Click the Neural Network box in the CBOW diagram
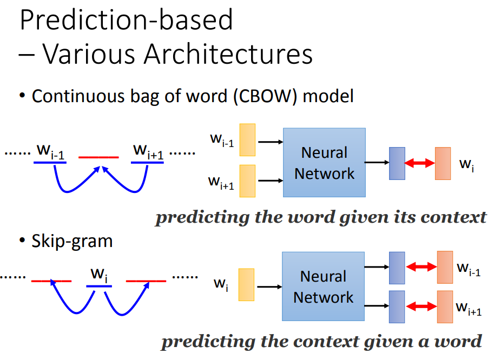tap(324, 162)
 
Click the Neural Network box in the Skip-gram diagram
tap(323, 286)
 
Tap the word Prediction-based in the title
tap(126, 19)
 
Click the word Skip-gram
tap(72, 241)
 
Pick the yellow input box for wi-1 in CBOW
tap(247, 139)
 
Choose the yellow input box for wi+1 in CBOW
tap(247, 181)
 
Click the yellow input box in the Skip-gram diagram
tap(247, 284)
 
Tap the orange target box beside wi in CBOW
tap(443, 163)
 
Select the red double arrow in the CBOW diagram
tap(420, 163)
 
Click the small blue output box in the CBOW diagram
tap(397, 163)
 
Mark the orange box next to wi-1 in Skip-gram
tap(445, 267)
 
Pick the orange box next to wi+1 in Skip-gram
tap(445, 306)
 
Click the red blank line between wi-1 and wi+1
tap(98, 158)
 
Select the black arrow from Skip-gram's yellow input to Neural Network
tap(268, 284)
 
